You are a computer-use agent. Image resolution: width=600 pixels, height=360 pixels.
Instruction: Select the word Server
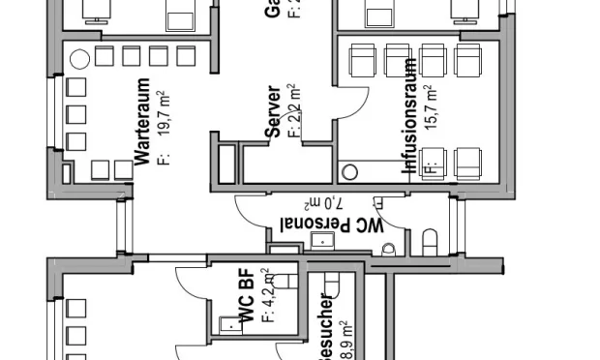[274, 111]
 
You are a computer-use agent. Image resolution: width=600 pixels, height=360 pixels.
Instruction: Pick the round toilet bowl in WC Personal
[389, 249]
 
